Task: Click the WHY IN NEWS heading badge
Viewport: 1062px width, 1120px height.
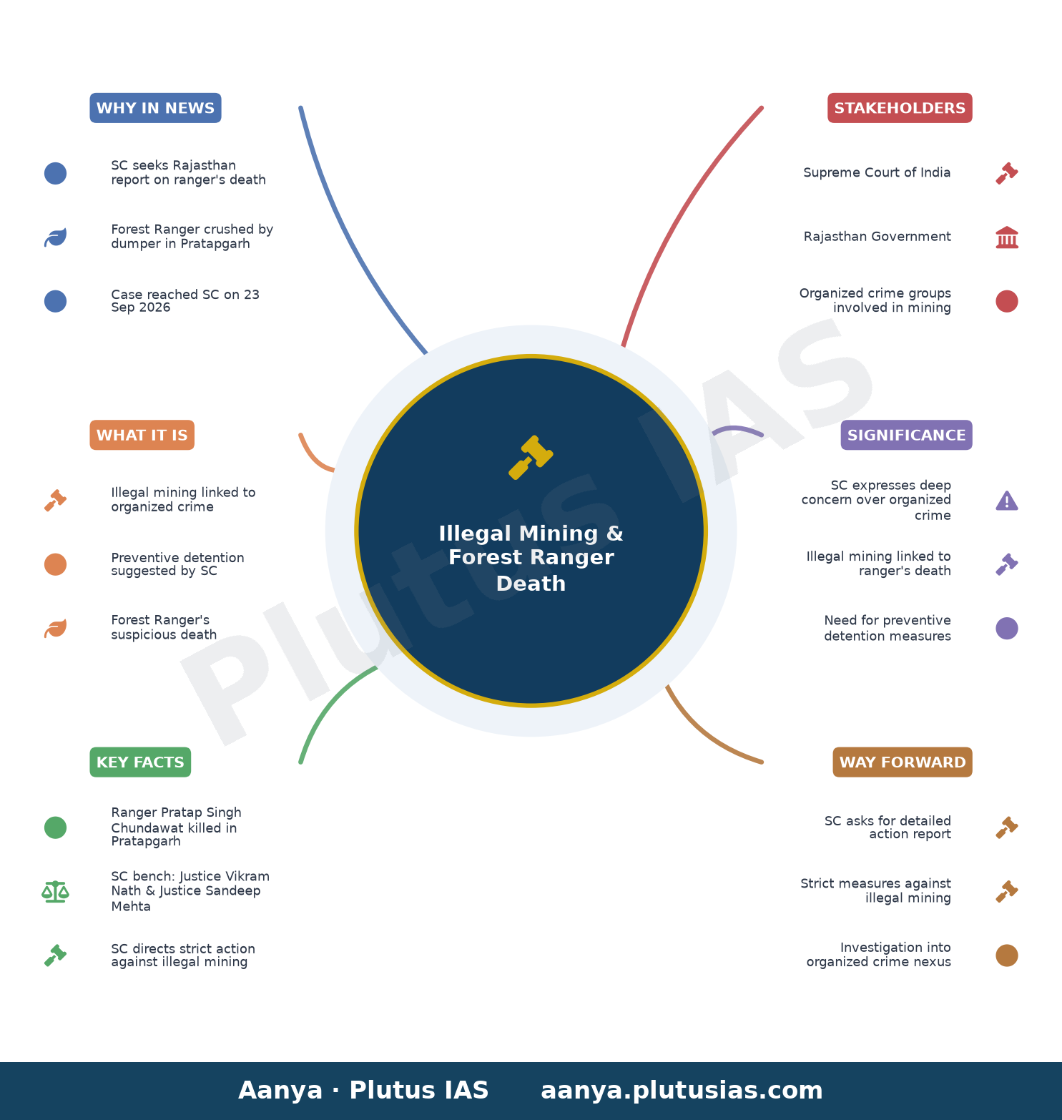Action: [155, 108]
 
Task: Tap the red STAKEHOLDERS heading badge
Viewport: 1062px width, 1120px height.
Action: [900, 108]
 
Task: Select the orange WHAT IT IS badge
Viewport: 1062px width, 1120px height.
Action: [142, 435]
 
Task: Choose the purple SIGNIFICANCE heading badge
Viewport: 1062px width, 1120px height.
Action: [906, 435]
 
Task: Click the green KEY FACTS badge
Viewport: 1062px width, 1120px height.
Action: [140, 762]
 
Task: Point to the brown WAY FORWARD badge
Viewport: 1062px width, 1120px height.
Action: [903, 762]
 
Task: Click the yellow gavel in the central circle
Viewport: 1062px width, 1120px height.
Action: [531, 457]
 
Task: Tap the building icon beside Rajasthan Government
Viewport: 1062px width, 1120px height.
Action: [1007, 237]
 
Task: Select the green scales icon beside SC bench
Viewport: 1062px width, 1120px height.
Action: [55, 891]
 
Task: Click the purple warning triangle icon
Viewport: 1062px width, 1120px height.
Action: [1007, 501]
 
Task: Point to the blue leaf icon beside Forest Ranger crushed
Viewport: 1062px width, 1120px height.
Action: [55, 237]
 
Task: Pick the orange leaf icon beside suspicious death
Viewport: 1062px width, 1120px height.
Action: [55, 628]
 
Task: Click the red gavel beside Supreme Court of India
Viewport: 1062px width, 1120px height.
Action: [1007, 173]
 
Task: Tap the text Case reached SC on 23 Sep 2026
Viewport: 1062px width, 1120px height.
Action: [185, 300]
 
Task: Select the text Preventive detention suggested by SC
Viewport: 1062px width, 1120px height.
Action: [177, 564]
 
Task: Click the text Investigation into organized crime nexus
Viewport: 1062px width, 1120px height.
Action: [879, 954]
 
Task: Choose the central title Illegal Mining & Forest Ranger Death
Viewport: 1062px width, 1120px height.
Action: [531, 558]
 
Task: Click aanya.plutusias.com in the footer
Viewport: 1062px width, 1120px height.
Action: [682, 1090]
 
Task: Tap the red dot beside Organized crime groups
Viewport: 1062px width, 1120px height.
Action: [1007, 301]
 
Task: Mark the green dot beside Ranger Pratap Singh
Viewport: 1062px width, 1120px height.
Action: [55, 827]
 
